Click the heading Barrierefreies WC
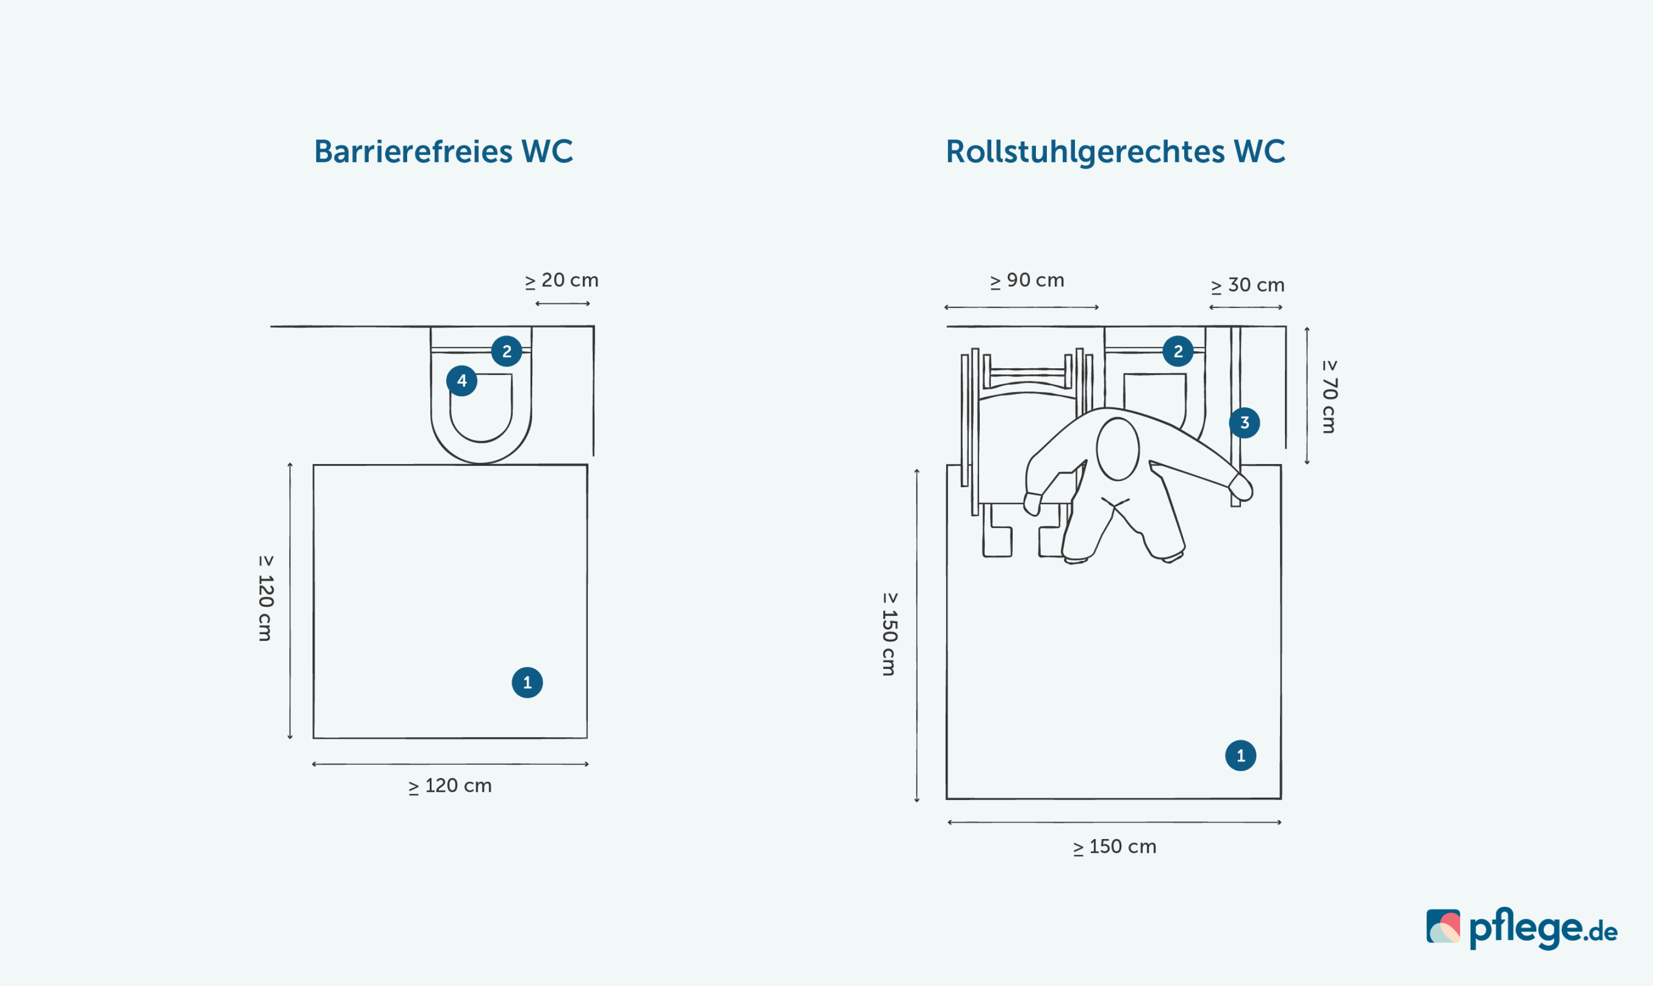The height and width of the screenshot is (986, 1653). pos(443,151)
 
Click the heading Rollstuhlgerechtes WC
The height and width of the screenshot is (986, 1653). pos(1115,151)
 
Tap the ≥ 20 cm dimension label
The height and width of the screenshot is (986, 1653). pos(562,280)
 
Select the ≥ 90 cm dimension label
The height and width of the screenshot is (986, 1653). pos(1027,280)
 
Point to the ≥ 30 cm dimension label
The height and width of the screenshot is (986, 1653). pos(1247,285)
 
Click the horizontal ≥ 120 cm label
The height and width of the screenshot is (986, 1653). pos(450,786)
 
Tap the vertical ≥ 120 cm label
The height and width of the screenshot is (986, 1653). pos(265,598)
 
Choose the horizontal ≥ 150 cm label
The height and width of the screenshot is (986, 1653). pos(1115,847)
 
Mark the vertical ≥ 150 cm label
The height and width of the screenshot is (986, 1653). pos(889,634)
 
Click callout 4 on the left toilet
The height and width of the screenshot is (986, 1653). pos(461,381)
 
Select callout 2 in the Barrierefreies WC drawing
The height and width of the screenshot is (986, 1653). pos(507,351)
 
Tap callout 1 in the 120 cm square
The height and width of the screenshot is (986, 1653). pos(527,682)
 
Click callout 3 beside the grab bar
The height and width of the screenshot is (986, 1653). pos(1244,423)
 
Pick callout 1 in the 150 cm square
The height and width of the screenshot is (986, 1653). pos(1241,755)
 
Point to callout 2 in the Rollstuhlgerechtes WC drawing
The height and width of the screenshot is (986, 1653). pos(1177,351)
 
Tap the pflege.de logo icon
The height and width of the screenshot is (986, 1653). pos(1443,927)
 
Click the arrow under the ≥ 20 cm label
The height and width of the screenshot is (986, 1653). pos(563,304)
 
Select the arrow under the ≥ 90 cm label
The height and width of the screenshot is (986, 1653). pos(1022,308)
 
